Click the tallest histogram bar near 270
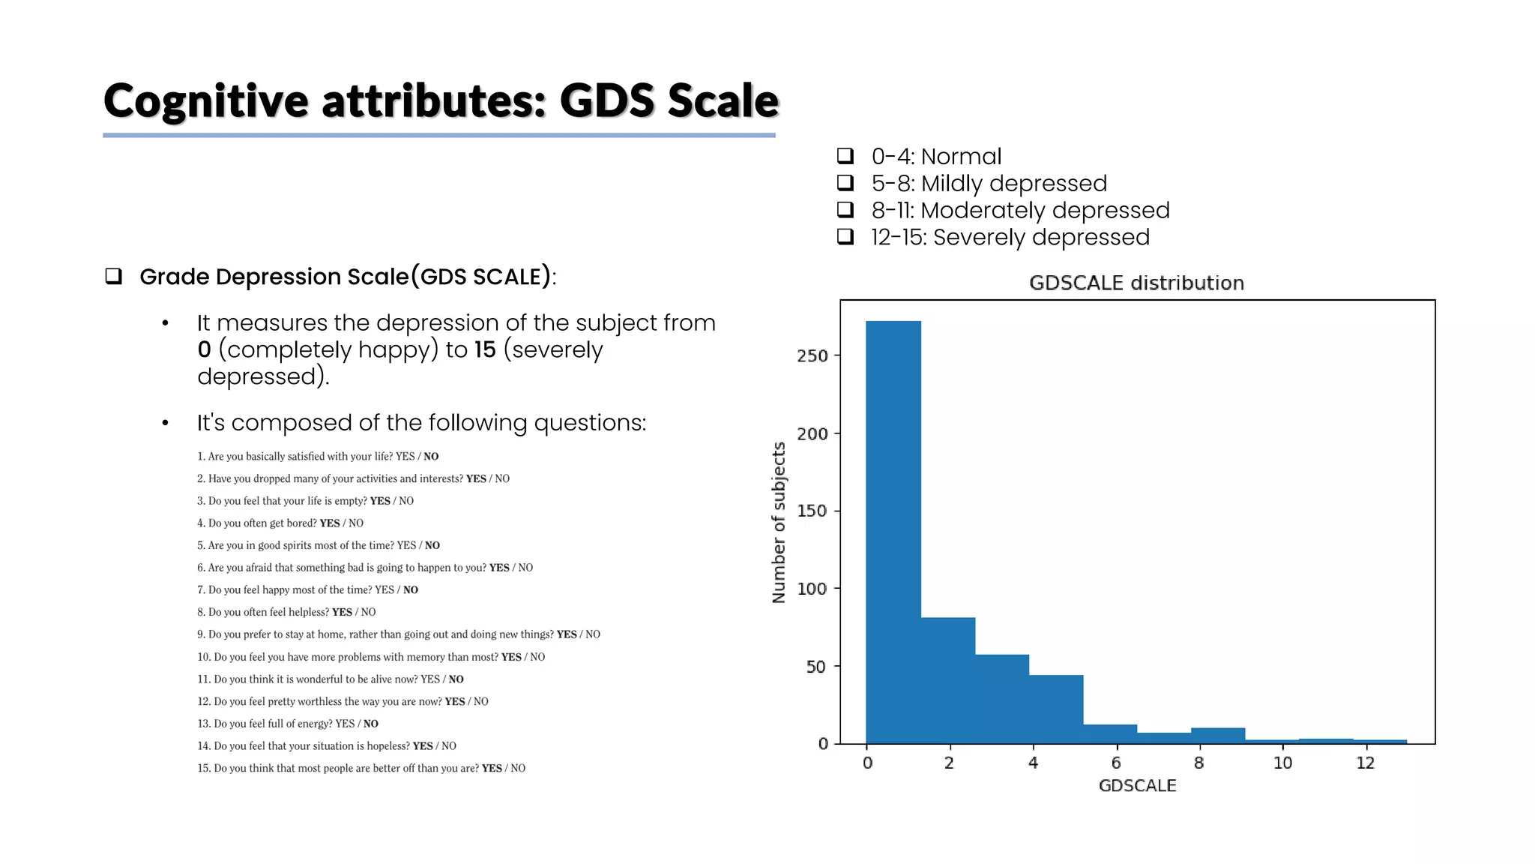[x=893, y=532]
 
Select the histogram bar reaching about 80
[x=947, y=680]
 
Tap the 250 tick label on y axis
[x=812, y=355]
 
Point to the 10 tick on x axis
[x=1282, y=763]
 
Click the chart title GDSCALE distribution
[x=1136, y=283]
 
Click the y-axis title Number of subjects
[x=779, y=522]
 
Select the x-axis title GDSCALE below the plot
[x=1137, y=785]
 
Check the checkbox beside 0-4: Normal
[x=845, y=156]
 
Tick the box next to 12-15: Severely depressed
[x=845, y=237]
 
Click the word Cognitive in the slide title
[x=206, y=101]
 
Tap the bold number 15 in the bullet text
[x=485, y=349]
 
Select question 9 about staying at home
[x=398, y=634]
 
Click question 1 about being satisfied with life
[x=317, y=456]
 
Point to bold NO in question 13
[x=371, y=724]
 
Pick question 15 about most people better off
[x=361, y=768]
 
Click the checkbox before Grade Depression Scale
[x=113, y=276]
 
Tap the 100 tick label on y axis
[x=812, y=589]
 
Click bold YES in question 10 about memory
[x=511, y=657]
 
